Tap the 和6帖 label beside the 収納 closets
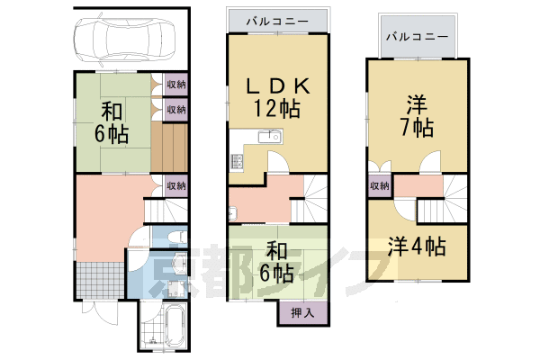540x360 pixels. [x=112, y=123]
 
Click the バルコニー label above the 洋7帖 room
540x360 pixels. [x=417, y=37]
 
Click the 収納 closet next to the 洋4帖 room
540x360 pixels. [x=379, y=186]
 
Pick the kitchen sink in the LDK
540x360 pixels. [x=267, y=138]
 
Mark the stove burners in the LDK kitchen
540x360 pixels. [x=238, y=162]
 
